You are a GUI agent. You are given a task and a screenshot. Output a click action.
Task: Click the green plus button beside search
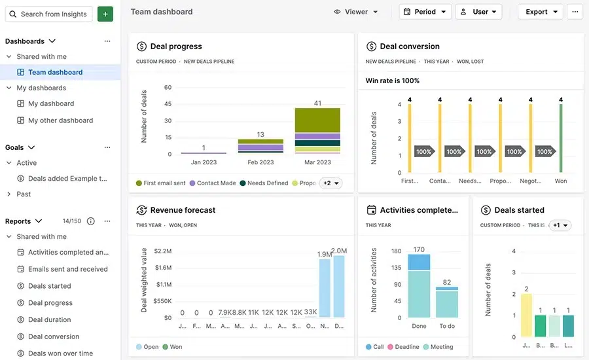105,14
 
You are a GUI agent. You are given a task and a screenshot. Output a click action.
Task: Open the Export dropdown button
541,12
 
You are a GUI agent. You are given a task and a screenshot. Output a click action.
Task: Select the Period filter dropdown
425,12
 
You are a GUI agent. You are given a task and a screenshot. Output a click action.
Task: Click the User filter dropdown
478,12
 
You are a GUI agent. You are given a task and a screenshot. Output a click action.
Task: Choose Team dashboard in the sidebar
55,72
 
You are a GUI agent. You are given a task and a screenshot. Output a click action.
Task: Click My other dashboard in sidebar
60,120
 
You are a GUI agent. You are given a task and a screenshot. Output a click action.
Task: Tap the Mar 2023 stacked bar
317,131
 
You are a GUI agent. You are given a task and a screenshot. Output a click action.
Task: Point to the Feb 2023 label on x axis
260,162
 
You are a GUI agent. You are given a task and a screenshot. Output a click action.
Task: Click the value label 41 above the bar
317,103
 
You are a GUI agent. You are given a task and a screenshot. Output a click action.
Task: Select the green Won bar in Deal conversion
561,137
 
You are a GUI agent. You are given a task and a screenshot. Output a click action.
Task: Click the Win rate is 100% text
393,81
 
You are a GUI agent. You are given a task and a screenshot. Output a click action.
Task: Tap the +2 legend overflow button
330,183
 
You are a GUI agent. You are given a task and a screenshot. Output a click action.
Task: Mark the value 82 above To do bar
447,282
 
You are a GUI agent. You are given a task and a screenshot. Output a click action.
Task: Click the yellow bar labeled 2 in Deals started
526,315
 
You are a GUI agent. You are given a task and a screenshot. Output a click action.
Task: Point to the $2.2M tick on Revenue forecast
162,251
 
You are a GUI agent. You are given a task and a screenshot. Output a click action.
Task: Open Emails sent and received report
67,269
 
